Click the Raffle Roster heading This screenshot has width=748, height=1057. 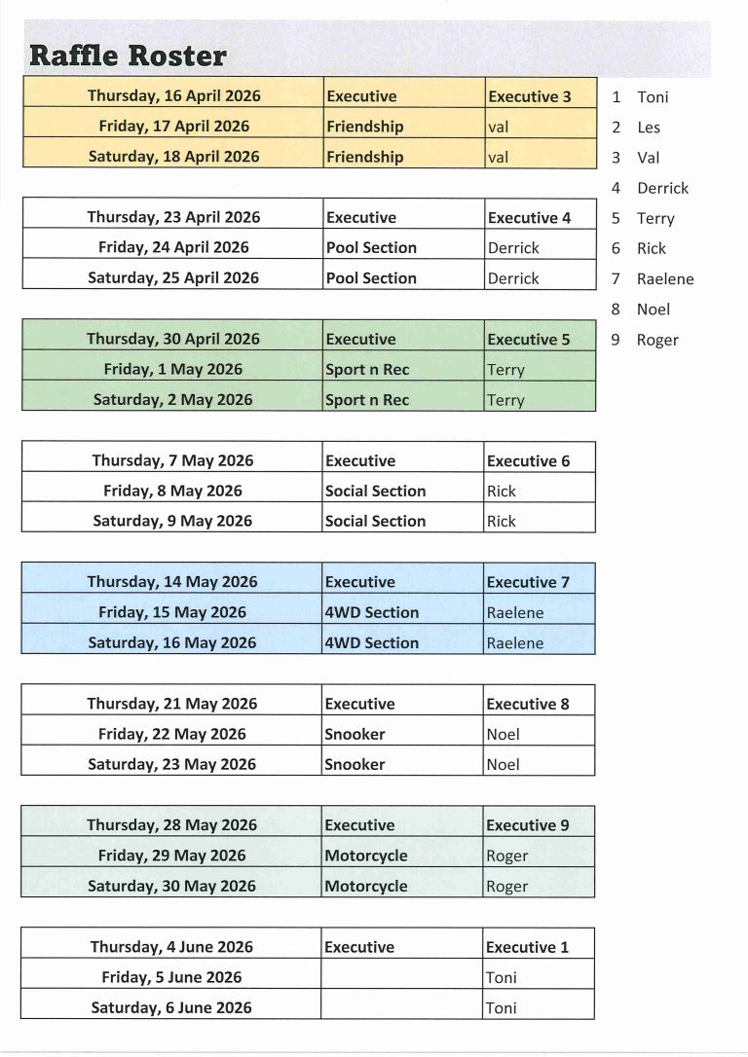128,55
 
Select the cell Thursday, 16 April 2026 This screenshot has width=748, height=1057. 173,96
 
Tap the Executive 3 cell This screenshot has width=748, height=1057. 530,96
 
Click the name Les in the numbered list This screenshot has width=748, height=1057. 649,128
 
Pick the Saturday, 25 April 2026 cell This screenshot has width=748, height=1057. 173,278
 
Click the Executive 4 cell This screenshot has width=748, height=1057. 530,218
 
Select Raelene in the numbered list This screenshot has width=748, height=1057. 665,279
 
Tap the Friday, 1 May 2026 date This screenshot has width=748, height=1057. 173,370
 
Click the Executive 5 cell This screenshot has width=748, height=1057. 530,340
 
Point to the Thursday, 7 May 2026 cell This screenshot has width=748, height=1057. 173,461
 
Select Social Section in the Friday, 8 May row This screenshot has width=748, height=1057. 375,492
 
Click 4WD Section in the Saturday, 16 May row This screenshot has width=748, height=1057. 371,643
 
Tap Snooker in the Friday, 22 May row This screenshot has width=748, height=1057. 355,735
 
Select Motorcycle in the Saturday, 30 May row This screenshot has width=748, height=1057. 365,887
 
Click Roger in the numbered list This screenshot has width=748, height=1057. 657,341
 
